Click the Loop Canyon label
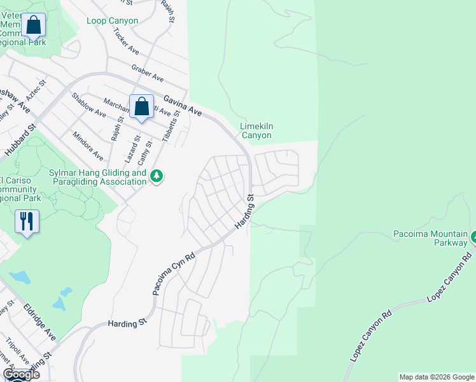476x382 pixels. pos(112,21)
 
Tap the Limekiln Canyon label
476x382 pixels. pos(256,131)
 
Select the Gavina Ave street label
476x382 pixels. pos(183,105)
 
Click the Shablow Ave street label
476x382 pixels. pos(88,104)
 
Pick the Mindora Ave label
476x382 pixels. pos(88,146)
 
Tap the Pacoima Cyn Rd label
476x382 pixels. pos(174,271)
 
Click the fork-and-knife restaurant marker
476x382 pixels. pos(27,222)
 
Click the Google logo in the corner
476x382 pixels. pos(22,374)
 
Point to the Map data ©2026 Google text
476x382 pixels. pos(437,377)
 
